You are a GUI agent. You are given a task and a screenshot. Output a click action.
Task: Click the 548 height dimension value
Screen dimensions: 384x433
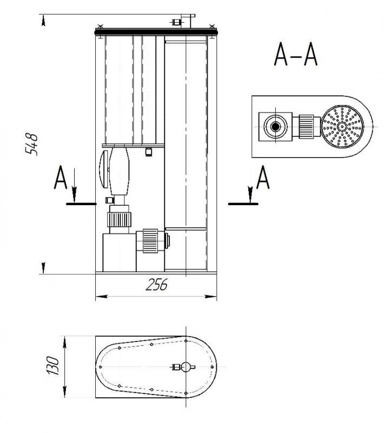tap(31, 144)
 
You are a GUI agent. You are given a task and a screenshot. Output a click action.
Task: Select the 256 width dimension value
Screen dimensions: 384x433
tap(156, 285)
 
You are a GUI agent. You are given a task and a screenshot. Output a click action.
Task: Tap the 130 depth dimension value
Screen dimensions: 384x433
tap(52, 366)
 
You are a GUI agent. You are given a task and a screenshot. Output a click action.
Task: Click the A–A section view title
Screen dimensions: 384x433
tap(296, 54)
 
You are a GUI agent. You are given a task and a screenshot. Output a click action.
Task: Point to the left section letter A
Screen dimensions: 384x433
tap(61, 177)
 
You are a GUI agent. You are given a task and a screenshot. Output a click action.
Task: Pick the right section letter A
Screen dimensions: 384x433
tap(263, 177)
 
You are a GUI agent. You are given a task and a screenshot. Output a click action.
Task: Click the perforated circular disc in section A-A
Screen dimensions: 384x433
tap(342, 126)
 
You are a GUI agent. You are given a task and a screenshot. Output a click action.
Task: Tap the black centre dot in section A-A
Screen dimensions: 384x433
tap(275, 127)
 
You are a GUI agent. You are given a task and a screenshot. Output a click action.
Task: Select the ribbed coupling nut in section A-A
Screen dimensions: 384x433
tap(306, 127)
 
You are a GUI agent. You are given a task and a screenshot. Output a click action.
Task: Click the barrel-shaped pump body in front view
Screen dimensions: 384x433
tap(119, 171)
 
